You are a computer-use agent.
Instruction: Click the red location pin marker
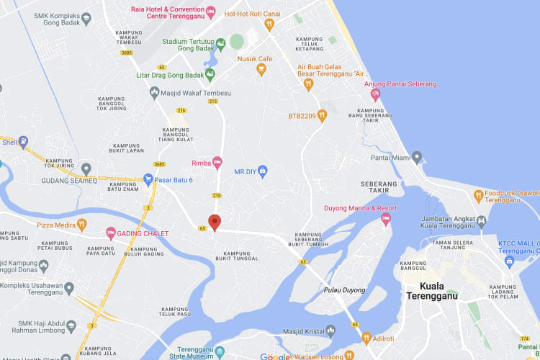[214, 222]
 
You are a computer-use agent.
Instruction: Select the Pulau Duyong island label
[346, 290]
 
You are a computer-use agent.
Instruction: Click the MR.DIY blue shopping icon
[262, 171]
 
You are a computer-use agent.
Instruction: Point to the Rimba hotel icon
[217, 163]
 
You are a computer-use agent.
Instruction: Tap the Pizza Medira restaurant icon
[81, 225]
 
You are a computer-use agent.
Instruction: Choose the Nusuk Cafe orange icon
[261, 70]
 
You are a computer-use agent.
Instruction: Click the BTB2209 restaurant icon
[322, 115]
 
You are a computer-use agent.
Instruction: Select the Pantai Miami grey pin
[417, 158]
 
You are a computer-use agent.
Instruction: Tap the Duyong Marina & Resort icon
[386, 218]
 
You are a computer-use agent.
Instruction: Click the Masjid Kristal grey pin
[330, 330]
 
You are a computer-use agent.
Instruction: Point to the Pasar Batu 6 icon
[148, 179]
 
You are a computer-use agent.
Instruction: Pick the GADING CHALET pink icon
[111, 233]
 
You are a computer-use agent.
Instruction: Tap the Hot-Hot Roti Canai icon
[269, 24]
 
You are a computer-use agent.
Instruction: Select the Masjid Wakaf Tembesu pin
[154, 92]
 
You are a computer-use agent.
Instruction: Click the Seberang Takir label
[379, 188]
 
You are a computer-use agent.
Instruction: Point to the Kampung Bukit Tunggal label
[241, 257]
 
